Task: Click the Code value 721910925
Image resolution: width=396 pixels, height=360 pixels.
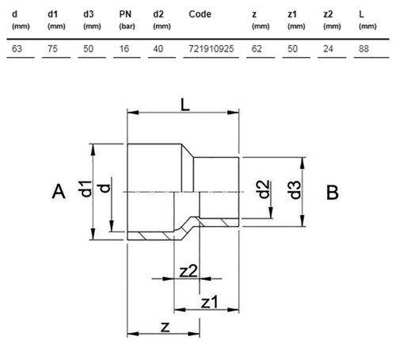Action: (x=211, y=48)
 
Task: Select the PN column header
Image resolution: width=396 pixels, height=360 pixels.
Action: (x=125, y=14)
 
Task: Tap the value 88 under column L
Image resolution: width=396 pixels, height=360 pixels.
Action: (x=364, y=48)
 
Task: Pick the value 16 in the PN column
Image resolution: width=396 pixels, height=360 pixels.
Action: (x=124, y=48)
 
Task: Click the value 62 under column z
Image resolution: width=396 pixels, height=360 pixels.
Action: (x=257, y=48)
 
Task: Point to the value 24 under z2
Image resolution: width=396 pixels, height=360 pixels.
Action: (x=328, y=48)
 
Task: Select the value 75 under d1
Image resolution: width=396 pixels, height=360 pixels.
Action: (x=52, y=48)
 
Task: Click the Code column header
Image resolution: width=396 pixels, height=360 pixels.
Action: (x=200, y=14)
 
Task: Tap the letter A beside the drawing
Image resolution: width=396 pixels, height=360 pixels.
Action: (x=59, y=191)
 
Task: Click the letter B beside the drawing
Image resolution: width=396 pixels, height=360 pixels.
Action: (x=333, y=192)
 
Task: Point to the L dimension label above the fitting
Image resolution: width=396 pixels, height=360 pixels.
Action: (x=185, y=105)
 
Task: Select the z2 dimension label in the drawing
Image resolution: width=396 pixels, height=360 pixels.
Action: (x=188, y=271)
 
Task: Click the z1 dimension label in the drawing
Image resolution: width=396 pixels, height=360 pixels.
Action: (x=210, y=302)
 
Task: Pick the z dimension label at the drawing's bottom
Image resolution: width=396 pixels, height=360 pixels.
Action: (x=165, y=327)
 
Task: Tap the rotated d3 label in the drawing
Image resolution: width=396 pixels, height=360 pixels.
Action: (x=295, y=190)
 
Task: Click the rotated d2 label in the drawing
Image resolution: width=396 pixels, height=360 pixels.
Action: (x=264, y=190)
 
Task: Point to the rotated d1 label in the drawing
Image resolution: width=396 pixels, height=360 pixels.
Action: (x=86, y=189)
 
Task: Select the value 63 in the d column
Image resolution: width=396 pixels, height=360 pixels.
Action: (x=17, y=48)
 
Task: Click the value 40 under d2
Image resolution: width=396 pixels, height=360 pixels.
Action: (x=158, y=48)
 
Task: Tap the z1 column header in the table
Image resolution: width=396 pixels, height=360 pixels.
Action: (x=292, y=14)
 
